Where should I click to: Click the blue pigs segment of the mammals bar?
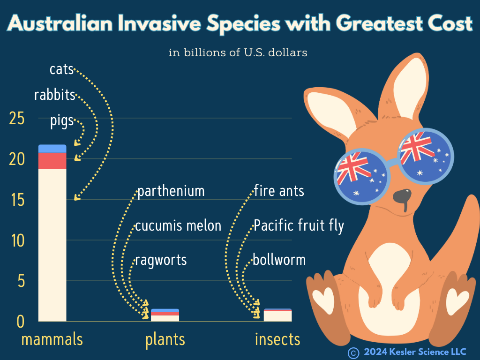52,149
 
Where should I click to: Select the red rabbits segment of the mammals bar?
52,160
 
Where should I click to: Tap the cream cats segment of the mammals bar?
52,244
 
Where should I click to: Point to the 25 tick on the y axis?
17,119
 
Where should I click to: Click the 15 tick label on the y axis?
17,200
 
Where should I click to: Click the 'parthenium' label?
171,192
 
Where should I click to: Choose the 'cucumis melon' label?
178,226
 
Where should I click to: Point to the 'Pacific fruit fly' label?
299,226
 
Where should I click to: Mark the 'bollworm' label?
279,260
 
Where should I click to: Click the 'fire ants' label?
279,191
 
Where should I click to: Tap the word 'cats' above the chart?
61,69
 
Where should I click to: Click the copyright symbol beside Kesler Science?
353,352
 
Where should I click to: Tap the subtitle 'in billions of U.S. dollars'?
238,52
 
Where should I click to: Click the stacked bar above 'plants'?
165,315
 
